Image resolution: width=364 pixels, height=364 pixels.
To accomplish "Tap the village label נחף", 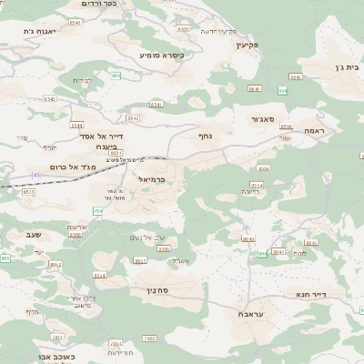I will pyautogui.click(x=206, y=135).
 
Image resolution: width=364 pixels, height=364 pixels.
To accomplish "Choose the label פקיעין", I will pyautogui.click(x=247, y=43).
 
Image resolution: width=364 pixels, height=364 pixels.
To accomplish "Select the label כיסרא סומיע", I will pyautogui.click(x=162, y=55).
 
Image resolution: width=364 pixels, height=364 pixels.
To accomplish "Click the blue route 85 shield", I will pyautogui.click(x=36, y=175).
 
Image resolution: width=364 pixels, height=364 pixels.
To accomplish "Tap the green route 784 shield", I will pyautogui.click(x=97, y=211).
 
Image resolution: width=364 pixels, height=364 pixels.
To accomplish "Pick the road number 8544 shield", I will pyautogui.click(x=76, y=126).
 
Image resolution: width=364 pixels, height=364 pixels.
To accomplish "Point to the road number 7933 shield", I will pyautogui.click(x=124, y=339).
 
